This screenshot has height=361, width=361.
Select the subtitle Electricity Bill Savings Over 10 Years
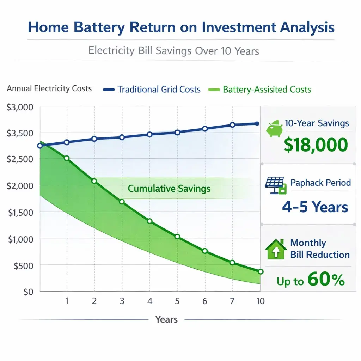click(x=173, y=51)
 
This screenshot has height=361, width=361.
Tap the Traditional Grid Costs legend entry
click(x=159, y=90)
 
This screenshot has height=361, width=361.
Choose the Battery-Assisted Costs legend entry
click(x=267, y=90)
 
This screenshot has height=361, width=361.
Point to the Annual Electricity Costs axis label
click(x=49, y=88)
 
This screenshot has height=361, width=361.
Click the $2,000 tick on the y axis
click(x=20, y=186)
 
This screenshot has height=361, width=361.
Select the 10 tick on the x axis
click(x=260, y=301)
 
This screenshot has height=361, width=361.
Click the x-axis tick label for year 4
click(x=149, y=301)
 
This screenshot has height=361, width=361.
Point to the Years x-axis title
click(x=166, y=320)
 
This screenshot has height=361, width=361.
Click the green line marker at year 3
click(x=122, y=202)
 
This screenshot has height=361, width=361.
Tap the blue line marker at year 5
click(x=177, y=133)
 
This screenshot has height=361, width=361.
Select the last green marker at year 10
click(x=261, y=271)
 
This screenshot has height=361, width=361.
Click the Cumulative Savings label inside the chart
click(x=169, y=189)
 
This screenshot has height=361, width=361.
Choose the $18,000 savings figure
click(x=316, y=145)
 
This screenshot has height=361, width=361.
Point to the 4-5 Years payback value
click(x=315, y=207)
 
